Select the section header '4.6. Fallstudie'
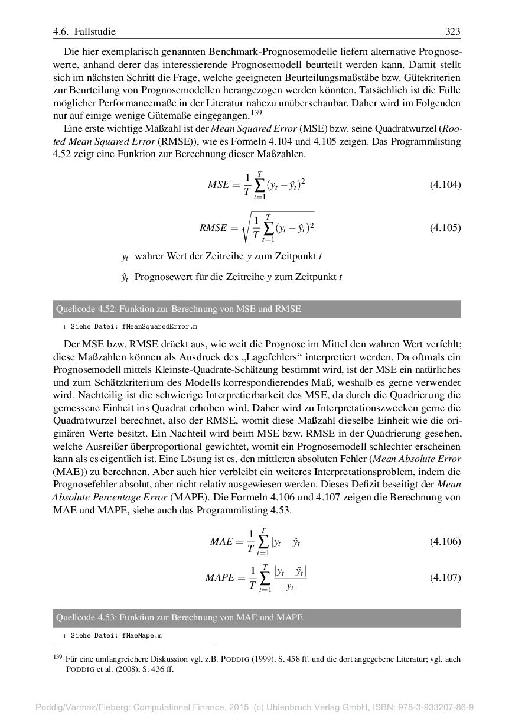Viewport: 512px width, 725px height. pos(84,31)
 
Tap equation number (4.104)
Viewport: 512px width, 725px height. pos(445,184)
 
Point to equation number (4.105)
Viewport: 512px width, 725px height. pos(445,227)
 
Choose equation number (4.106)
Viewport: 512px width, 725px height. pos(445,541)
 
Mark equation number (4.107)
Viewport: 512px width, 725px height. pos(445,577)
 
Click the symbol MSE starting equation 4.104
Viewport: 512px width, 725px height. pos(219,184)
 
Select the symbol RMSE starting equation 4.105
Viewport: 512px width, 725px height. pos(213,228)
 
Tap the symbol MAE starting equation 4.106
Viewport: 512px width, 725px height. pos(221,541)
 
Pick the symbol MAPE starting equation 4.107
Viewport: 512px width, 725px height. pos(220,578)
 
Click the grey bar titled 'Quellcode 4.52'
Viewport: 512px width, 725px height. pos(256,309)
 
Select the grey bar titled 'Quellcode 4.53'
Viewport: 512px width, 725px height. pos(256,618)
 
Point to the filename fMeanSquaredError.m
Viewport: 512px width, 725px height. pos(159,326)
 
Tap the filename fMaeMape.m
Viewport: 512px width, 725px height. pos(142,636)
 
